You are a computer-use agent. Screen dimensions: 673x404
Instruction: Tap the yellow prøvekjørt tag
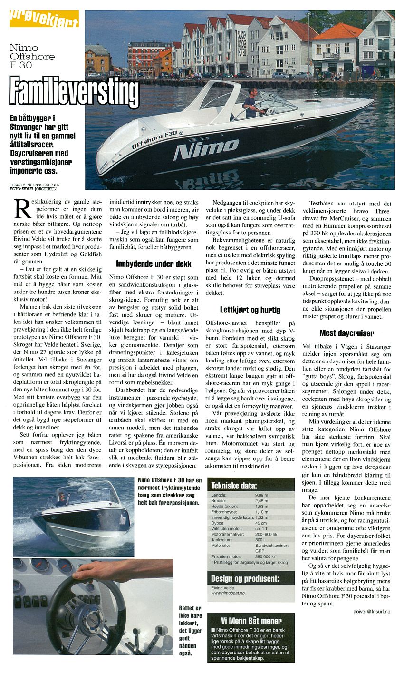[x=44, y=20]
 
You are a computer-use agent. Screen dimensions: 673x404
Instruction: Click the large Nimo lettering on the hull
[x=206, y=149]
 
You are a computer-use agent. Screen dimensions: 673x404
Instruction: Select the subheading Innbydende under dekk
[x=154, y=263]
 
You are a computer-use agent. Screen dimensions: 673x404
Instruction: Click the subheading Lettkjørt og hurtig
[x=250, y=310]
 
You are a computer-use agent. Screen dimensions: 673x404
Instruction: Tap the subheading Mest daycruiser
[x=346, y=333]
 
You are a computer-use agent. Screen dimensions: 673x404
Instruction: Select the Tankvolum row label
[x=222, y=540]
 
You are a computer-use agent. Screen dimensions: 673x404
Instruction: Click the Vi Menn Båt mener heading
[x=251, y=620]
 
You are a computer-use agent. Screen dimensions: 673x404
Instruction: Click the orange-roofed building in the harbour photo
[x=337, y=50]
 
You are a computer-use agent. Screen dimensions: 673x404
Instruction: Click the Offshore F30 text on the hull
[x=154, y=140]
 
